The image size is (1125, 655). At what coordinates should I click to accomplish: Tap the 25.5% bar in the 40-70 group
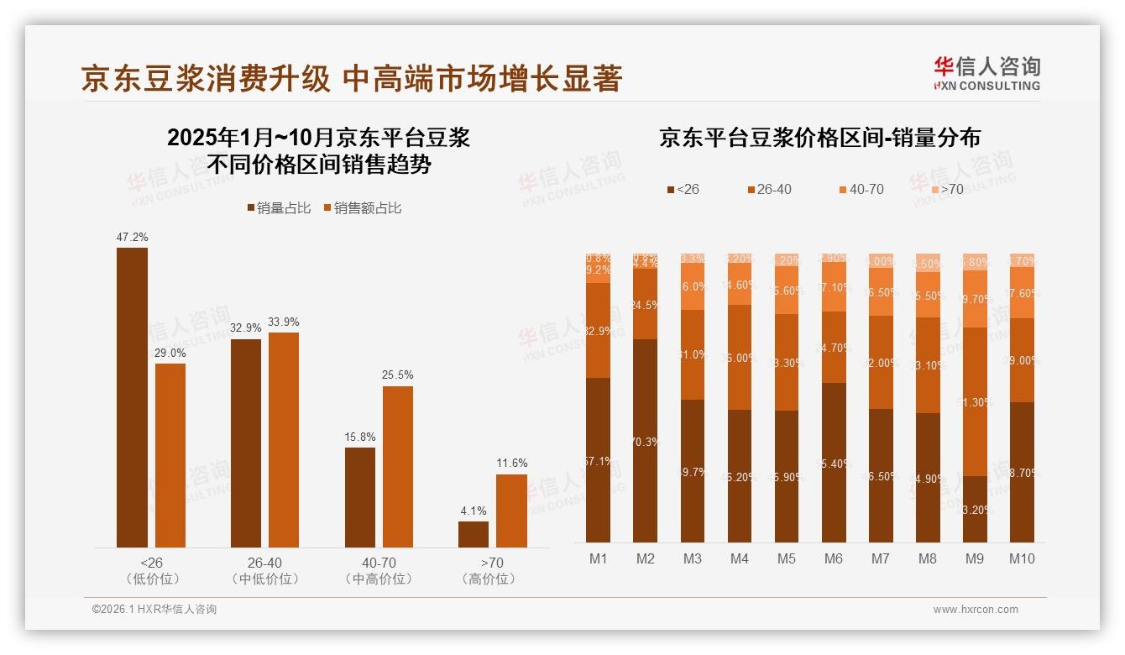[x=398, y=467]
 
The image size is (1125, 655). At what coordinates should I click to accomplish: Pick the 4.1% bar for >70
[x=474, y=534]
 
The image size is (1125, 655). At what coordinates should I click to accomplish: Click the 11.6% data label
[x=511, y=463]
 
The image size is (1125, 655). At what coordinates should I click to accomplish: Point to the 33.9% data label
[x=283, y=322]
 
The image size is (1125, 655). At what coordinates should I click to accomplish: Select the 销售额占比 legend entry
[x=362, y=208]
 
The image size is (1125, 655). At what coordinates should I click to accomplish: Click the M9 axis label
[x=975, y=558]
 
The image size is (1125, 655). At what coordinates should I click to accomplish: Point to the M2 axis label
[x=645, y=558]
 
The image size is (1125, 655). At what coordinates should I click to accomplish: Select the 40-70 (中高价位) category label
[x=377, y=570]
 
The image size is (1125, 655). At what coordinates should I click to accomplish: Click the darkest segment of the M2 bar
[x=645, y=441]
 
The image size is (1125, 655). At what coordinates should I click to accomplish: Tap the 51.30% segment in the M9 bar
[x=975, y=401]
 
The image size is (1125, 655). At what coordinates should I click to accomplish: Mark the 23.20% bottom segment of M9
[x=975, y=509]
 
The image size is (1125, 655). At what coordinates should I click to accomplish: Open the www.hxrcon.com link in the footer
[x=976, y=610]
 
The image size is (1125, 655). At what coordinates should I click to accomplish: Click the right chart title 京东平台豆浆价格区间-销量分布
[x=819, y=138]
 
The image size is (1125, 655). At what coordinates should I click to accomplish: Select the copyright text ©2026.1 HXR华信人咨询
[x=154, y=610]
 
